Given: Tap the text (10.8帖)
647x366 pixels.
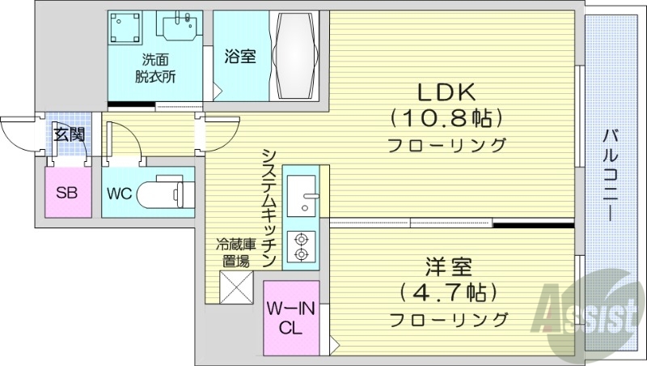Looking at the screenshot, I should click(x=446, y=118).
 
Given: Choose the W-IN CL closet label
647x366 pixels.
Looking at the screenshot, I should click(x=291, y=319).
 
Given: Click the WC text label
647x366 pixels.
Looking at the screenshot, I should click(x=120, y=194).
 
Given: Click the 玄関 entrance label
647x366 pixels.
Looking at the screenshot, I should click(x=69, y=134).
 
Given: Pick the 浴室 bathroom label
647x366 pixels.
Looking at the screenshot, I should click(x=240, y=56).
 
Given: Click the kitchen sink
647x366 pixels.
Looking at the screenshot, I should click(x=302, y=195).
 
